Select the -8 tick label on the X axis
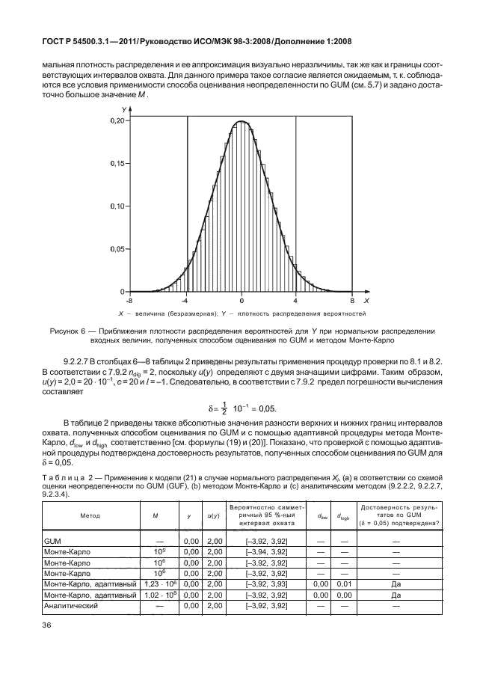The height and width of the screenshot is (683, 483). click(130, 299)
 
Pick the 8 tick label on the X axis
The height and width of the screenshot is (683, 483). click(352, 299)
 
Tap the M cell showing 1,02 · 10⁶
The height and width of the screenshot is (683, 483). click(158, 594)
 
